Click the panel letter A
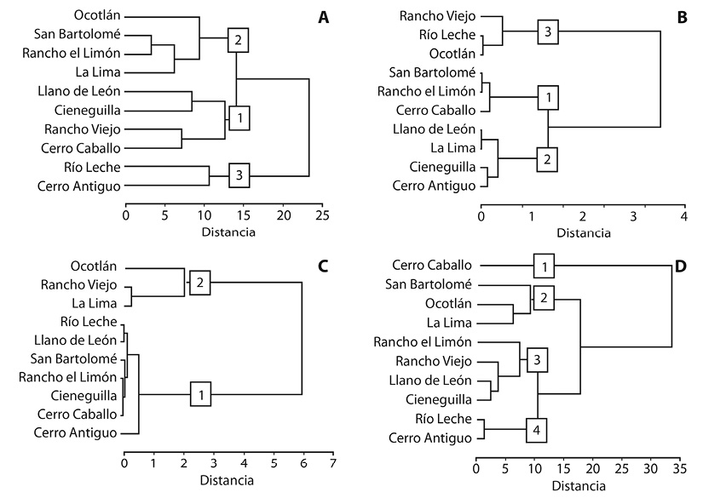323,18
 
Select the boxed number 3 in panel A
239,175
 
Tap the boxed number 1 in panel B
548,97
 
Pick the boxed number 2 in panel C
200,283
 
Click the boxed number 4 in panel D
536,431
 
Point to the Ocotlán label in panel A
97,15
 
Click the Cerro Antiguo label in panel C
75,433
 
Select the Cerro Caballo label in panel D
432,265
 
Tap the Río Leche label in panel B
447,35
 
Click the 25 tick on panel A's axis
322,215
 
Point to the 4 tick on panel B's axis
683,217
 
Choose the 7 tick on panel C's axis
332,463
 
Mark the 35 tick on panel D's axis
680,468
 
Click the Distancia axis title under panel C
227,480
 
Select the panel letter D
681,266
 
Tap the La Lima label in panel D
449,323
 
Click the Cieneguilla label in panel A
88,111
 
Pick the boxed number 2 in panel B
547,159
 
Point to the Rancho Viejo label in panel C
79,285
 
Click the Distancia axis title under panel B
584,233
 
